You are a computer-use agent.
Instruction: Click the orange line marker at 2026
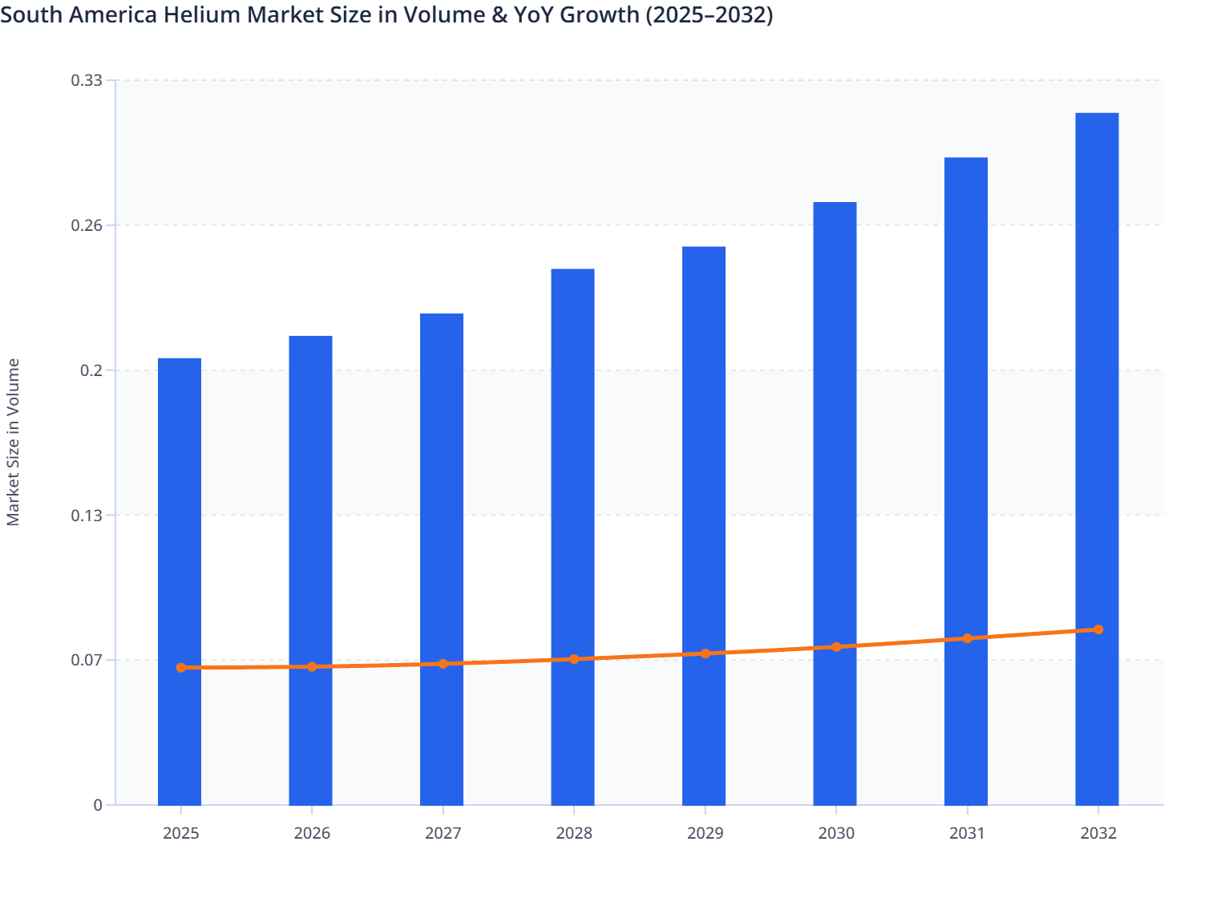(312, 666)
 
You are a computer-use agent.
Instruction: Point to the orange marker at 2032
(1098, 629)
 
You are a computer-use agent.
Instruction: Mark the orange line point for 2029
(706, 653)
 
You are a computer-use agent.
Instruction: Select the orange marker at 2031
(967, 638)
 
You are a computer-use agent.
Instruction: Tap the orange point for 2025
(181, 667)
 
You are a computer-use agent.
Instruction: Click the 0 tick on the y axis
(98, 805)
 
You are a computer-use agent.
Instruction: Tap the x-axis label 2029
(705, 833)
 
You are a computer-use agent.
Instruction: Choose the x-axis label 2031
(967, 833)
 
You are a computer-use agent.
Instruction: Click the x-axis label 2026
(312, 833)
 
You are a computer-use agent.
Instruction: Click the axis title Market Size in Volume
(13, 442)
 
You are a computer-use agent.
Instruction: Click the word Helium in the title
(196, 14)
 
